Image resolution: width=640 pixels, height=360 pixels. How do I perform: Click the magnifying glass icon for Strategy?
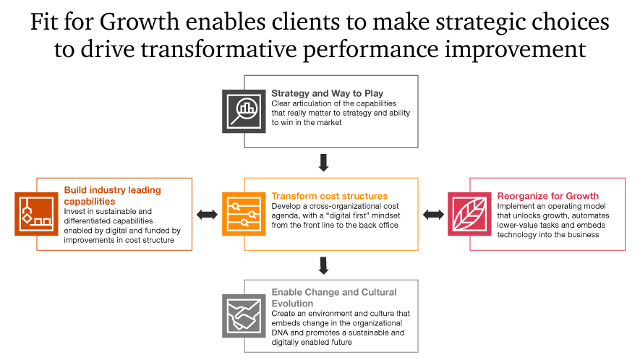[x=244, y=111]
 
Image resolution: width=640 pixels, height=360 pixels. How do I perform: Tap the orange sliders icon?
[x=244, y=214]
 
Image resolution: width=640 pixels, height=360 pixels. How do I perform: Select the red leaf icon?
[x=469, y=214]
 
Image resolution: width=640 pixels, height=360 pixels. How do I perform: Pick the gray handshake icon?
[x=244, y=316]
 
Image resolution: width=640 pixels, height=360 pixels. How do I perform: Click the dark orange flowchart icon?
[x=36, y=214]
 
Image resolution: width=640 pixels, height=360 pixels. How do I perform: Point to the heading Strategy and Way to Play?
[x=328, y=93]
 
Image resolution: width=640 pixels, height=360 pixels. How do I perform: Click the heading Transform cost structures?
[x=330, y=196]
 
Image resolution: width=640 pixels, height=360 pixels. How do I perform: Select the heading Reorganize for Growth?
[x=547, y=196]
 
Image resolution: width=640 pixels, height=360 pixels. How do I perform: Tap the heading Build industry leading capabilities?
[x=113, y=195]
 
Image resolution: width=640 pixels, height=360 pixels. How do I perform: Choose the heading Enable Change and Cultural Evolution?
[x=334, y=298]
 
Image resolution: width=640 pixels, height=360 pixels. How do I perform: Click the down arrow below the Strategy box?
[x=324, y=163]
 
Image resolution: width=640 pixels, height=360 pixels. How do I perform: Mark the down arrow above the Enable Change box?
[x=324, y=265]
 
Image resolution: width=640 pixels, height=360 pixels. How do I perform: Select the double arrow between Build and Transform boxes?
[x=208, y=214]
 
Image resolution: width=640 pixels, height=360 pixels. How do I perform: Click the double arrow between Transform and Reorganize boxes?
[x=433, y=214]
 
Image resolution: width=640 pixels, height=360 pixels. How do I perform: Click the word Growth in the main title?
[x=140, y=22]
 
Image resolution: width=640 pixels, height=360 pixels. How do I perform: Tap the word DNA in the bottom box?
[x=280, y=333]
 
